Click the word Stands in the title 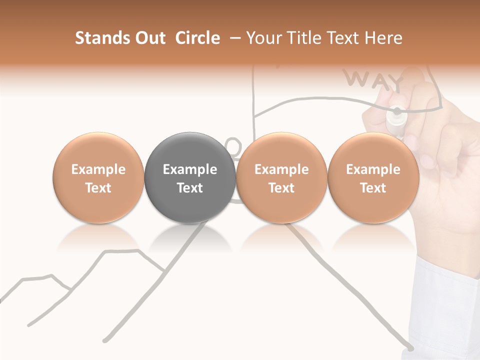[x=103, y=38]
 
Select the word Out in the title [x=150, y=38]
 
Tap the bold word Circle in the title [x=197, y=38]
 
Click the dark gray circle [x=190, y=178]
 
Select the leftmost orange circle [x=98, y=178]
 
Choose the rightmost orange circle [x=373, y=178]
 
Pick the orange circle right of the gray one [x=281, y=178]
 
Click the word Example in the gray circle [x=190, y=169]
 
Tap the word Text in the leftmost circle [x=98, y=188]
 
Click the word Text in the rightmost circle [x=373, y=188]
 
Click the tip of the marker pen [x=397, y=111]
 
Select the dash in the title [x=235, y=38]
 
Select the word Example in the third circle [x=281, y=169]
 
